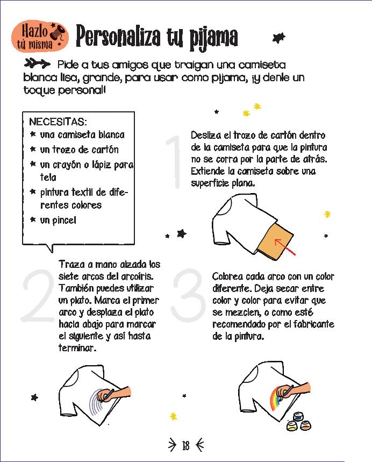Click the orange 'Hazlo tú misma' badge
pyautogui.click(x=40, y=37)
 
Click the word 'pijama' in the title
pyautogui.click(x=213, y=38)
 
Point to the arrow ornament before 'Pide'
pyautogui.click(x=37, y=63)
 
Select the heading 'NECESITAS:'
pyautogui.click(x=58, y=122)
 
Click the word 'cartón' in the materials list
pyautogui.click(x=105, y=150)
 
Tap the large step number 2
pyautogui.click(x=38, y=295)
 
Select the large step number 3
pyautogui.click(x=189, y=295)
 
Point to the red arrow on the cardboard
pyautogui.click(x=285, y=247)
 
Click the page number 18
pyautogui.click(x=185, y=445)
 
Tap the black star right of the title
pyautogui.click(x=278, y=38)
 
